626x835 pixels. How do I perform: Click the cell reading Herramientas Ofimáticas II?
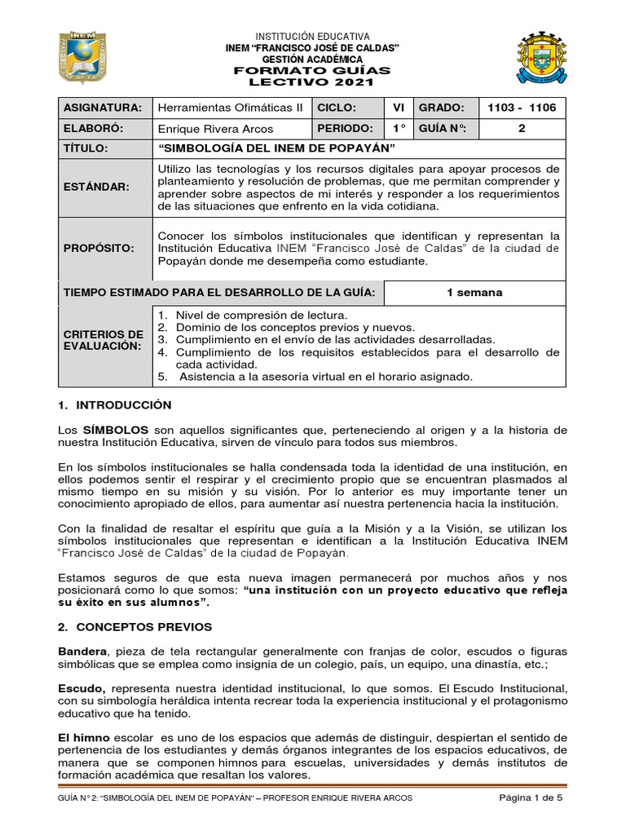click(x=230, y=108)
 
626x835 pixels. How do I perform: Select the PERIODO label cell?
click(x=345, y=129)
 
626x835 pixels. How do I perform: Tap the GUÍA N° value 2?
click(x=522, y=129)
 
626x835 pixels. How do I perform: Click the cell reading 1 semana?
click(x=474, y=293)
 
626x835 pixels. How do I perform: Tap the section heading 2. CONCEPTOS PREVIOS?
click(x=134, y=627)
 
